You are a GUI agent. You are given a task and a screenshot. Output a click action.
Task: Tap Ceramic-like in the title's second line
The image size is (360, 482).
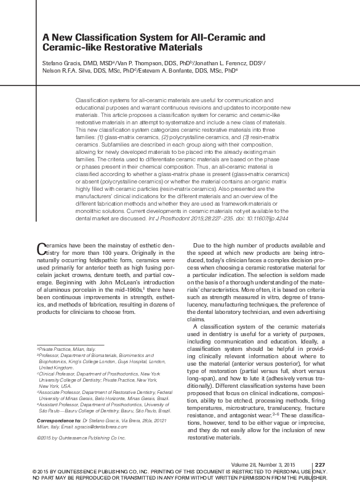tap(71, 47)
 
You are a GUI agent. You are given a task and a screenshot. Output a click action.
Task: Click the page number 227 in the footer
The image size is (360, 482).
tap(319, 464)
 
